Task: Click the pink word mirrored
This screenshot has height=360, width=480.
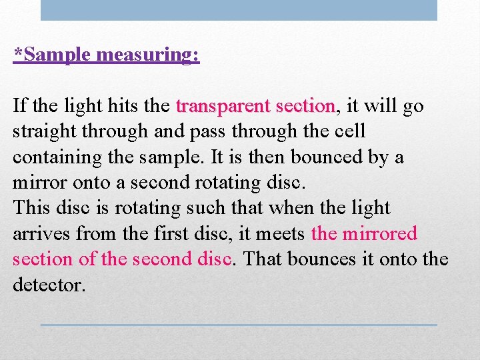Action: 379,234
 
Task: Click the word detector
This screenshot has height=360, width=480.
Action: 49,285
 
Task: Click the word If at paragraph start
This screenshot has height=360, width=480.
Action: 19,106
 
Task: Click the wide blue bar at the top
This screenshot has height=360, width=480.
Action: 239,10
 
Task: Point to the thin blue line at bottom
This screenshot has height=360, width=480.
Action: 239,325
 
